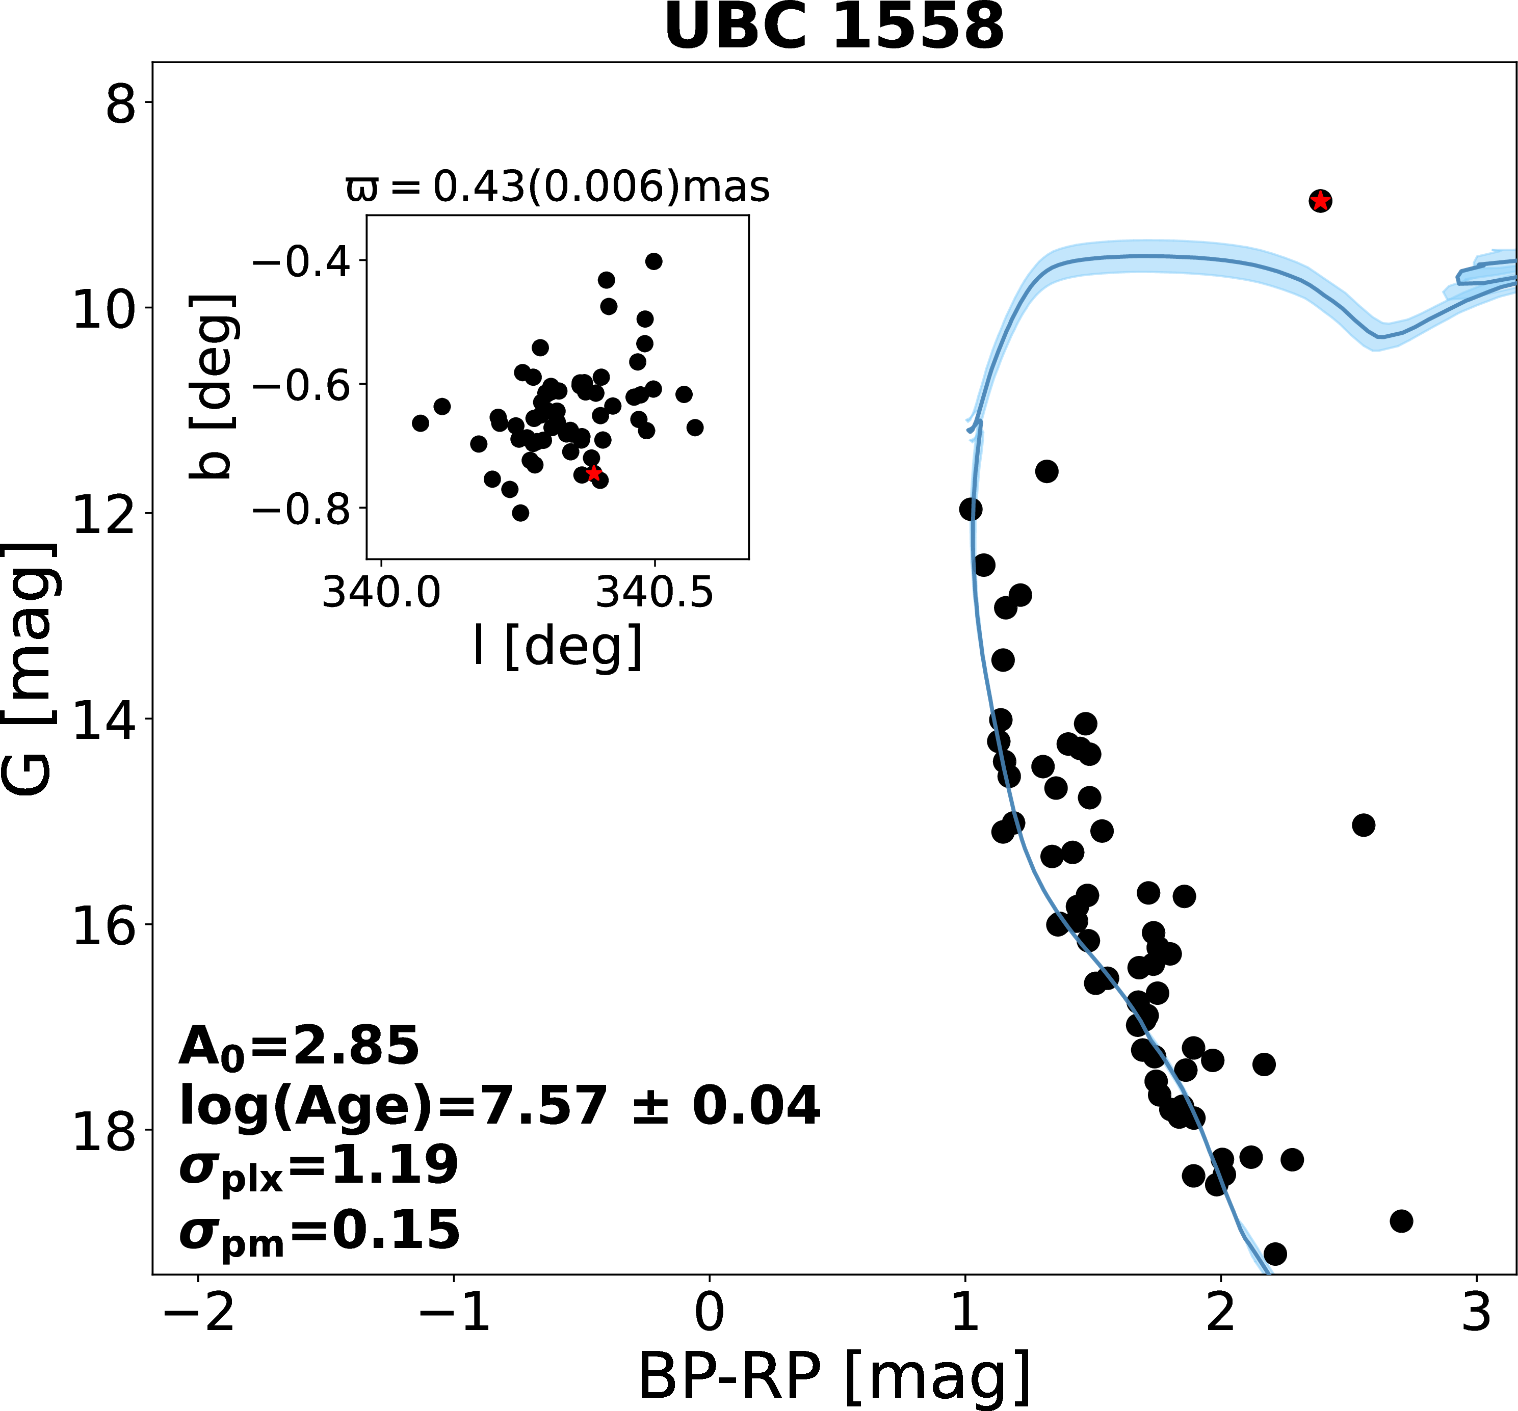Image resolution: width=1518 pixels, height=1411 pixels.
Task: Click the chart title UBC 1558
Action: (x=834, y=28)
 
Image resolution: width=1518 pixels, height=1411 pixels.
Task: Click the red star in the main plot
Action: (x=1320, y=201)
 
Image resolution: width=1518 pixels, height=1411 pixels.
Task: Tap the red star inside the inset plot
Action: (x=594, y=473)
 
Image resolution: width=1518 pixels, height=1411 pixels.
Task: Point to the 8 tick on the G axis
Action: (x=121, y=103)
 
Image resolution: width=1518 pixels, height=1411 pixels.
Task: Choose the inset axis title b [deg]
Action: (x=210, y=386)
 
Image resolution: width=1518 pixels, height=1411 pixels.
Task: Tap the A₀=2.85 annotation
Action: (x=299, y=1046)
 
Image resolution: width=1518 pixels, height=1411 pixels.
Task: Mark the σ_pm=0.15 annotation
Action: (x=319, y=1231)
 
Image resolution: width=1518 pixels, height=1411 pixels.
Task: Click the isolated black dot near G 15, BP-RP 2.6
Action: (x=1363, y=824)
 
